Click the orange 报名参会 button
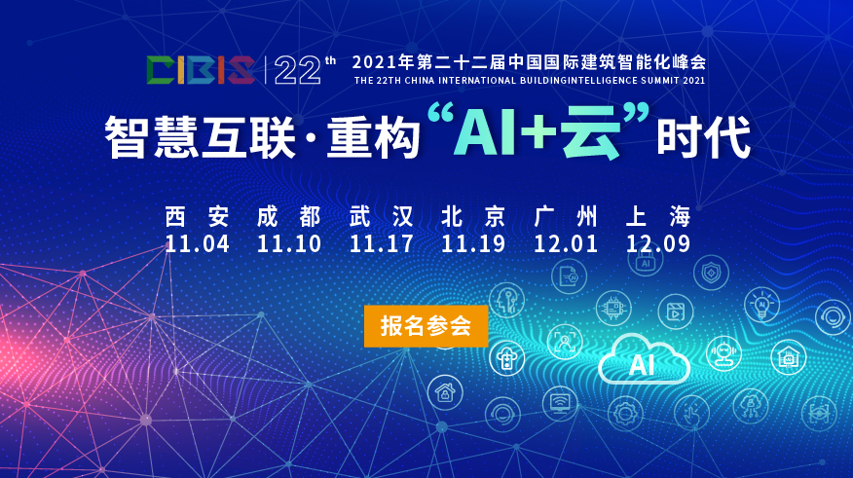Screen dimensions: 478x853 tap(426, 326)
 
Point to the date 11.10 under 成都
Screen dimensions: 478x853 tap(289, 243)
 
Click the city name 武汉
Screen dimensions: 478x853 tap(382, 216)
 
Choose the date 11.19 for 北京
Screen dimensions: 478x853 tap(473, 243)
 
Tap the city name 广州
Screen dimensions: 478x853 tap(566, 216)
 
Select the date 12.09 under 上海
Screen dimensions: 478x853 tap(658, 243)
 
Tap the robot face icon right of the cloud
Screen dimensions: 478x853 tap(723, 352)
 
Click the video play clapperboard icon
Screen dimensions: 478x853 tap(674, 313)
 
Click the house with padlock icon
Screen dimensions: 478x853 tap(445, 392)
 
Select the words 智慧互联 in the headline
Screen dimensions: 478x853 tap(199, 139)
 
